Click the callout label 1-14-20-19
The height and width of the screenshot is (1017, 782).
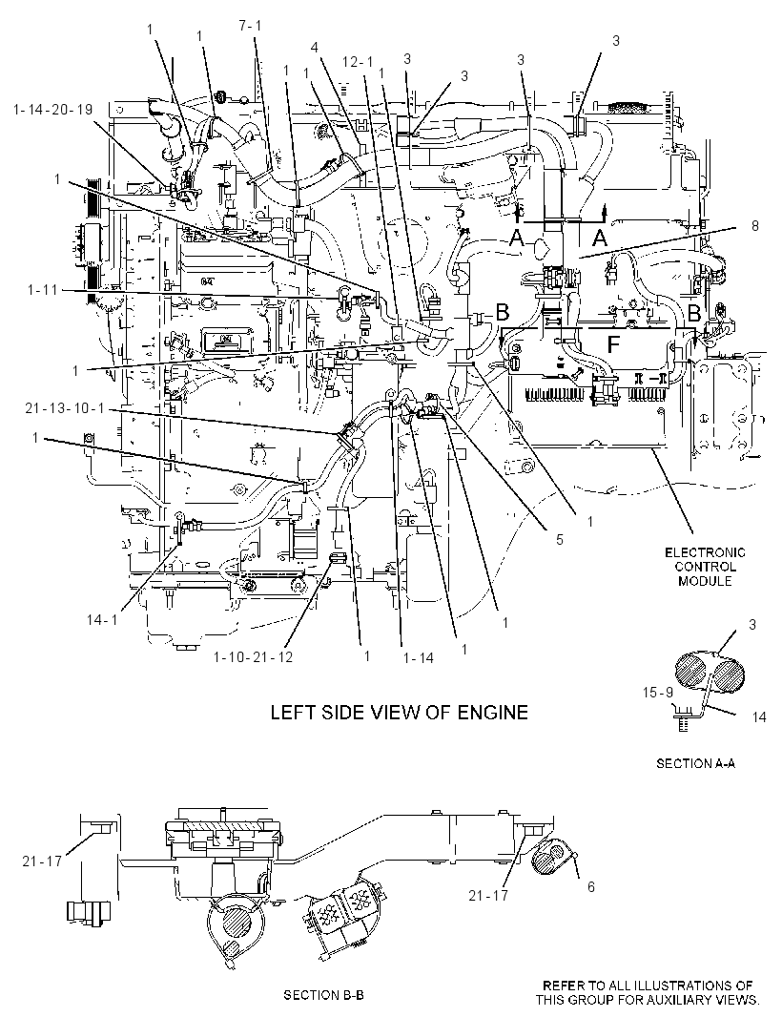tap(53, 110)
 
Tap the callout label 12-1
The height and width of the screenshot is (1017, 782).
tap(359, 62)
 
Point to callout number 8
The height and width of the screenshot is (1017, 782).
tap(754, 226)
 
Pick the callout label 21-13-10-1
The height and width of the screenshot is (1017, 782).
tap(65, 409)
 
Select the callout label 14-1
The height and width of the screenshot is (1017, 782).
tap(102, 619)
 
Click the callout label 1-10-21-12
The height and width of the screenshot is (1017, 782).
tap(253, 657)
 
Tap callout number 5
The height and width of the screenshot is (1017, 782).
tap(560, 539)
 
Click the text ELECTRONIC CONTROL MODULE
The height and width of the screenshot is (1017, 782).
tap(705, 567)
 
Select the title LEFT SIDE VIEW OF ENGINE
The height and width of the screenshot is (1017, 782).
tap(399, 712)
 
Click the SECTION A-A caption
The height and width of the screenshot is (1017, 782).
tap(696, 763)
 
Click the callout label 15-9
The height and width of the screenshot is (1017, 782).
tap(658, 692)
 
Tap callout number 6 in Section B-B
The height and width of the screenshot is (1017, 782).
tap(590, 886)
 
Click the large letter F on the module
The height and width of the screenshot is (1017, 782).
tap(613, 345)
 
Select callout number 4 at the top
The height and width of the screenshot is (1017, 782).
tap(314, 47)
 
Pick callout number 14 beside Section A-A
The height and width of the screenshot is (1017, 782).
tap(759, 716)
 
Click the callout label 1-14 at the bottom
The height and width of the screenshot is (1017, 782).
tap(418, 657)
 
